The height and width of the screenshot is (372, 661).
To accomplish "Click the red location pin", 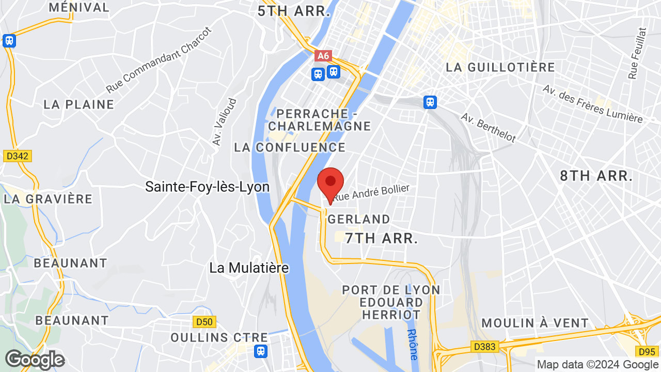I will pyautogui.click(x=330, y=183).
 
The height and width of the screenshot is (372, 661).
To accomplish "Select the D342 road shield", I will pyautogui.click(x=18, y=156).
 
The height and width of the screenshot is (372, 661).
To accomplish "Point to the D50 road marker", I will pyautogui.click(x=204, y=322).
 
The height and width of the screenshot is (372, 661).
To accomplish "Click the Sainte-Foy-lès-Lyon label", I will pyautogui.click(x=207, y=187).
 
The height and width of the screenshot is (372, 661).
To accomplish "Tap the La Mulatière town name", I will pyautogui.click(x=249, y=268).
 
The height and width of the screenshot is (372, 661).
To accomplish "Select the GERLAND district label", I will pyautogui.click(x=359, y=219).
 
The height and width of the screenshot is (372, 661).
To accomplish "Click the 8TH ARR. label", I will pyautogui.click(x=596, y=176).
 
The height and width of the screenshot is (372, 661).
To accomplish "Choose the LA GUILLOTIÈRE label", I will pyautogui.click(x=500, y=67).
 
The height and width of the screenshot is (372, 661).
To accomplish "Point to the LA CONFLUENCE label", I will pyautogui.click(x=290, y=147).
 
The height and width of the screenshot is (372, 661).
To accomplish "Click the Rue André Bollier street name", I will pyautogui.click(x=372, y=192).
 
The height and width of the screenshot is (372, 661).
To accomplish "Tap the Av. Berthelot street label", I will pyautogui.click(x=489, y=128).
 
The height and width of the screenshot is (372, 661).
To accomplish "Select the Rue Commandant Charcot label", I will pyautogui.click(x=159, y=60).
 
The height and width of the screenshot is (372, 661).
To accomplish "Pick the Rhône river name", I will pyautogui.click(x=412, y=344).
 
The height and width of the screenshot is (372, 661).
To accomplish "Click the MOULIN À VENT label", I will pyautogui.click(x=534, y=323).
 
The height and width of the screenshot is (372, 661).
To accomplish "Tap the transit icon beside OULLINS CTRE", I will pyautogui.click(x=261, y=351).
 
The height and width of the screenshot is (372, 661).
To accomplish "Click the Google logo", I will pyautogui.click(x=35, y=360).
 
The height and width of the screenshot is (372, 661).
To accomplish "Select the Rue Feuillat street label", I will pyautogui.click(x=634, y=53).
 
